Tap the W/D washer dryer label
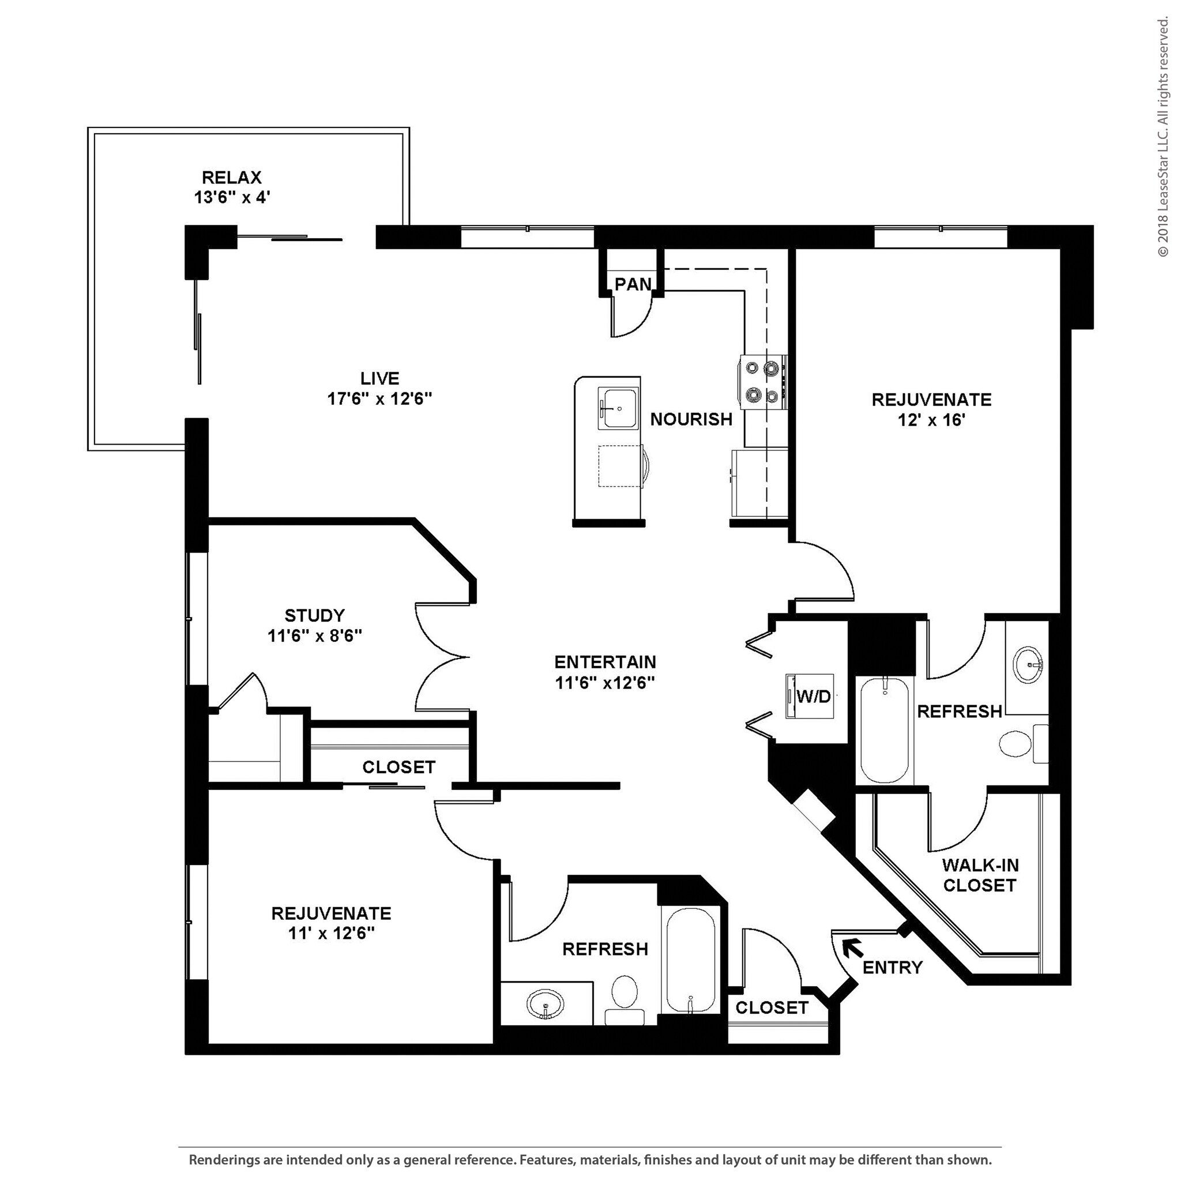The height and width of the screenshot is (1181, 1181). point(814,695)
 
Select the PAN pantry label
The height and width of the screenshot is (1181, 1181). point(633,284)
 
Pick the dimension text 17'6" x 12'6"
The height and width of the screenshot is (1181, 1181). point(379,399)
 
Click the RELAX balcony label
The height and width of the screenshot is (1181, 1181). point(232,177)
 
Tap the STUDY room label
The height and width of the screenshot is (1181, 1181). point(315,615)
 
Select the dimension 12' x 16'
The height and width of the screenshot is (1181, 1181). point(932,420)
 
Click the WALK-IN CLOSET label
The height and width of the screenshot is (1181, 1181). point(980,875)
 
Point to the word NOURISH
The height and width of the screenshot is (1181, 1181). point(691,419)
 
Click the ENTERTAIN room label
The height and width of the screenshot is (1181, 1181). point(604,662)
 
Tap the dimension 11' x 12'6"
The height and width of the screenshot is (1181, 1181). point(332,934)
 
